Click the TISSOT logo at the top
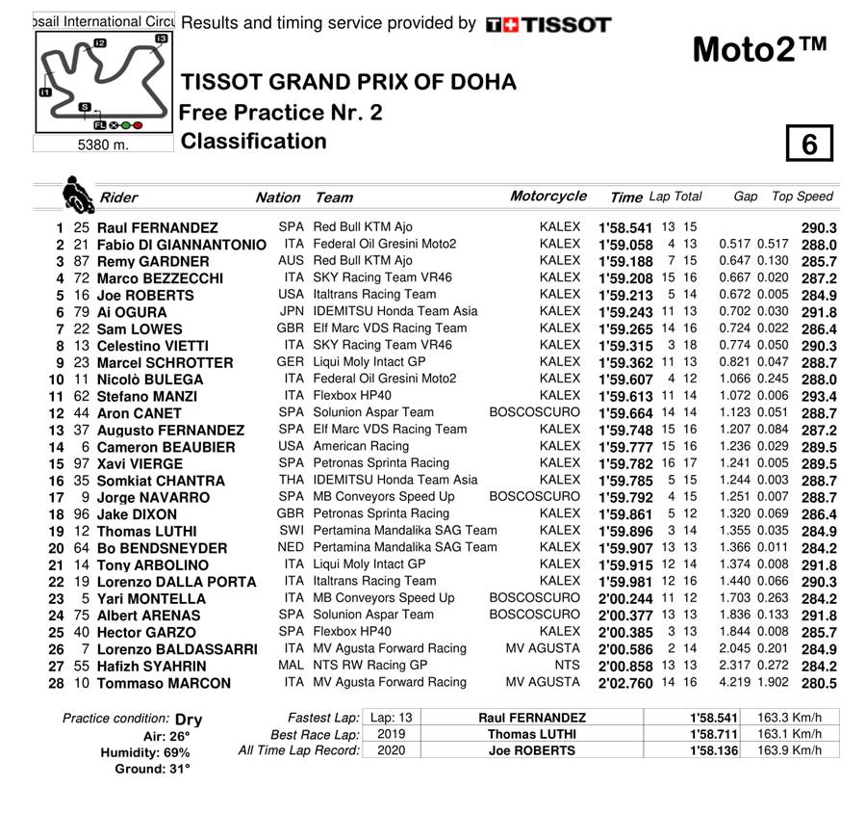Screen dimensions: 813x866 pos(548,25)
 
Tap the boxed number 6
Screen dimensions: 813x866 pos(808,144)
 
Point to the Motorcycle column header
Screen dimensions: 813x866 pos(548,197)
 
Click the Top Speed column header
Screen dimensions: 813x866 pos(802,197)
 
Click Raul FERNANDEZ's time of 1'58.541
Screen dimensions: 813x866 pos(625,228)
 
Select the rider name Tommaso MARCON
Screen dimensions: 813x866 pos(165,683)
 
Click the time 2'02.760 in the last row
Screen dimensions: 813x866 pos(625,683)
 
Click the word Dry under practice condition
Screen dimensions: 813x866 pos(189,719)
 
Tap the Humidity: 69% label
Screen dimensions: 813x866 pos(152,752)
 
